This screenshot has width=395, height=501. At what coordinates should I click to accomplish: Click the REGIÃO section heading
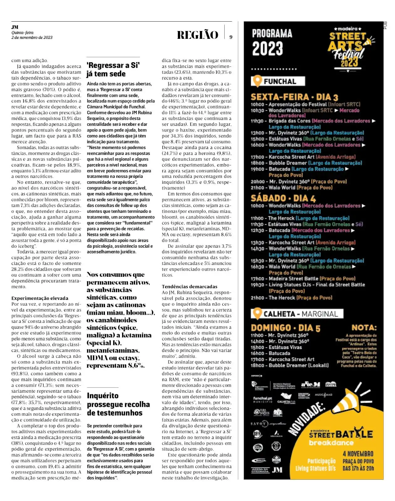tap(197, 35)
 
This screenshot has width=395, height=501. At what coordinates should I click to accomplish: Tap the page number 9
tap(231, 37)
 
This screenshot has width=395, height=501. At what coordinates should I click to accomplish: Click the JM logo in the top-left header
tap(15, 27)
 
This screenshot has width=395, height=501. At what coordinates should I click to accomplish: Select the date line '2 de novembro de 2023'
tap(32, 38)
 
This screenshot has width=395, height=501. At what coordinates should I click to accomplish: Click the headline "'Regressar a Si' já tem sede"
tap(113, 70)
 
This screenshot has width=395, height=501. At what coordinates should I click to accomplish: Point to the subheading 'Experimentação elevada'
tap(40, 298)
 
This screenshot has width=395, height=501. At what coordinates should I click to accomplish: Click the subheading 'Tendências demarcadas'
tap(190, 287)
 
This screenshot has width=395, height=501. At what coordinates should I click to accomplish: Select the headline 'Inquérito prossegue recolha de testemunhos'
tap(118, 404)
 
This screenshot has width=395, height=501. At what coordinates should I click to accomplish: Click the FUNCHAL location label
tap(280, 81)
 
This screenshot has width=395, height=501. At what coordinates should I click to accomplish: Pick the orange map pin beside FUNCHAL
tap(257, 81)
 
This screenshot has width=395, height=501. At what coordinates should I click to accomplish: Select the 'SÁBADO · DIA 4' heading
tap(283, 198)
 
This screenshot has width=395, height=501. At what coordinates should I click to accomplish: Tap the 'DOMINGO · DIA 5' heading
tap(285, 328)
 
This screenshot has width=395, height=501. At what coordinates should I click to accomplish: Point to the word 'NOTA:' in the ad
tap(364, 328)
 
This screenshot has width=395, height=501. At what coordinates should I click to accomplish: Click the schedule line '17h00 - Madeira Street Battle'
tap(303, 279)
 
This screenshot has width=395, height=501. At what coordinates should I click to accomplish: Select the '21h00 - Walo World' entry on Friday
tap(291, 188)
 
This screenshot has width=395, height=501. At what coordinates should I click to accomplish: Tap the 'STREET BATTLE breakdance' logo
tap(340, 437)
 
